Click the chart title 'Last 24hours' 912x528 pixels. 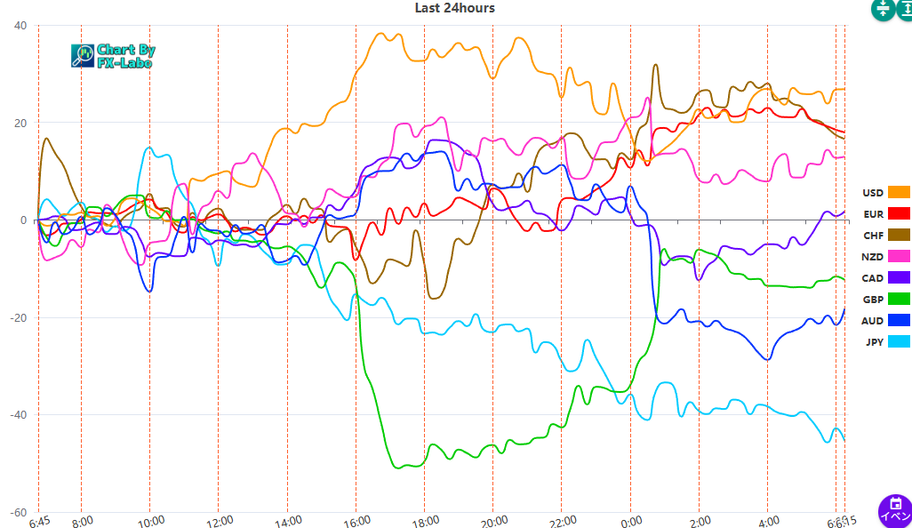pos(454,8)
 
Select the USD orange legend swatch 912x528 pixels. pos(900,193)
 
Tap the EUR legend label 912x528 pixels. pos(873,214)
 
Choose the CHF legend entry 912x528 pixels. pos(873,236)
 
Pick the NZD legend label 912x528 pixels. pos(873,257)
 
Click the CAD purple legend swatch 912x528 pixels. pos(900,278)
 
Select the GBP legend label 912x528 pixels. pos(873,300)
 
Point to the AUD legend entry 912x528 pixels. pos(873,321)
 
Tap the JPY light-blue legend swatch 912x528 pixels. pos(900,342)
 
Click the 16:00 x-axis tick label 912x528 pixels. pos(356,521)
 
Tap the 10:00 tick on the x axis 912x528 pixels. pos(150,521)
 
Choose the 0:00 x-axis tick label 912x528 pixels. pos(630,521)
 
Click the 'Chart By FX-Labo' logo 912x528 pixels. pos(112,56)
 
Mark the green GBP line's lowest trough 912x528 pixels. pos(404,467)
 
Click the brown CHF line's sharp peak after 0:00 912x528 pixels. pos(655,65)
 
